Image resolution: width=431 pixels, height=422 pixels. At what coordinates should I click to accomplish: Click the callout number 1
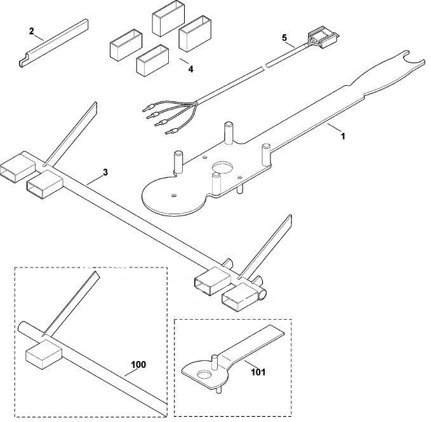(343, 136)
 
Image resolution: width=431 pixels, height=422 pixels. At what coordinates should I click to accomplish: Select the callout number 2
(32, 31)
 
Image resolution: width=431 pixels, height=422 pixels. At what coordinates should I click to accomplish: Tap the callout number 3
(105, 172)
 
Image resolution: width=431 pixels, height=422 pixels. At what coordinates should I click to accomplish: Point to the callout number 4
(190, 69)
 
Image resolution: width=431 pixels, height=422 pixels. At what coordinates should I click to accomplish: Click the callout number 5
(284, 37)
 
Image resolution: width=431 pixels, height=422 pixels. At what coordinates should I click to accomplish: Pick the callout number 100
(138, 365)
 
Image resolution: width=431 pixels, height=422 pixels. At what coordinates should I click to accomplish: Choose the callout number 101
(258, 372)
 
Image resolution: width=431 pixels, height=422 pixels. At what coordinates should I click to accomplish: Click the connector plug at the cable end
(323, 38)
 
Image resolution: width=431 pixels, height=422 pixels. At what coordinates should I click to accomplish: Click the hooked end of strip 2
(23, 62)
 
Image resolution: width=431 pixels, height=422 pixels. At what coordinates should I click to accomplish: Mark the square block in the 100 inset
(44, 355)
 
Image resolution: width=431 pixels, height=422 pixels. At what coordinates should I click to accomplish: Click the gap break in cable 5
(265, 66)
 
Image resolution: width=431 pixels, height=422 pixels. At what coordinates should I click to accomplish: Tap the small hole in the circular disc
(173, 196)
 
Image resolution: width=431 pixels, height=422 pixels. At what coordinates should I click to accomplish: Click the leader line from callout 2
(39, 37)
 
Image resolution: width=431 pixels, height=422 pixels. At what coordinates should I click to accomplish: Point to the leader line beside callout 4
(185, 61)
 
